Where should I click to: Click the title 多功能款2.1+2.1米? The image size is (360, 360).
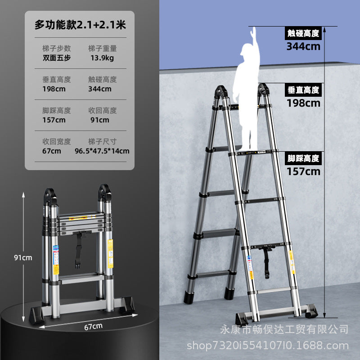80,25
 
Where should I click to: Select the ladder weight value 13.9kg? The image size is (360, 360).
102,58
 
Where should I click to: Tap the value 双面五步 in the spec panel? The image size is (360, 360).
57,58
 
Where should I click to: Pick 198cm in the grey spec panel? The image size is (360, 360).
54,89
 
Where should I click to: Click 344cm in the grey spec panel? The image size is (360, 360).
100,89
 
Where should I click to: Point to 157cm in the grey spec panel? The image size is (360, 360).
54,120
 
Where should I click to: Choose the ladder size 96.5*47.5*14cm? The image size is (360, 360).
102,151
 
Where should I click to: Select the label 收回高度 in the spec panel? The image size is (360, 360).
103,110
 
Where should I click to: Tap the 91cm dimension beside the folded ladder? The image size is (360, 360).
23,257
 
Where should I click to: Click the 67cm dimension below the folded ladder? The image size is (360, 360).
93,327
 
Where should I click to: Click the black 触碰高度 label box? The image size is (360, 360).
303,33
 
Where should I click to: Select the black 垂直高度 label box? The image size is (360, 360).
303,90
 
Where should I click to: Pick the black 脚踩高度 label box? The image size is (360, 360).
303,158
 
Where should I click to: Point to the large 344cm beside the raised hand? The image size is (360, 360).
303,46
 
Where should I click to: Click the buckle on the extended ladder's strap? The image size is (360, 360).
267,274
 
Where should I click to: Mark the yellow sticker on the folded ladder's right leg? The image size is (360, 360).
110,253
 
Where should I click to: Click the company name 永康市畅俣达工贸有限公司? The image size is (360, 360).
284,329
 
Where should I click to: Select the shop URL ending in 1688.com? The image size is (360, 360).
268,346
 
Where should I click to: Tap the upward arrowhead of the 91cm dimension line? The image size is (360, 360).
23,195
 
